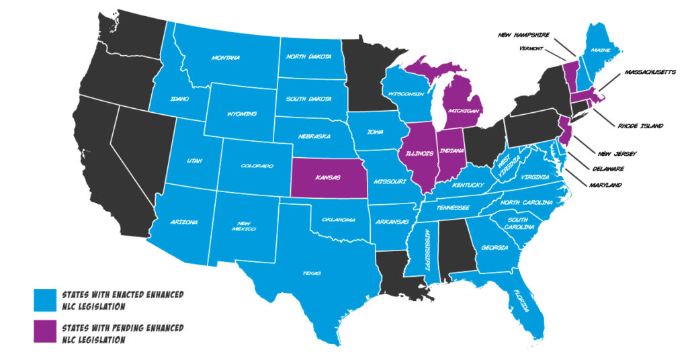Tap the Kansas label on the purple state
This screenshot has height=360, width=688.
[325, 179]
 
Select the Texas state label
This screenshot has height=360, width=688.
[311, 273]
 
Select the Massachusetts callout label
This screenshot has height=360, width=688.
[650, 71]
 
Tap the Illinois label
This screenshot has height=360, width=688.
[418, 154]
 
